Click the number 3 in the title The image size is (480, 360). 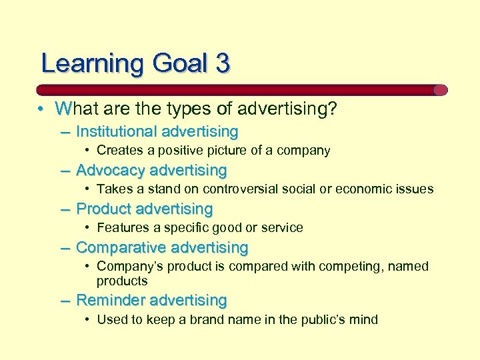click(223, 63)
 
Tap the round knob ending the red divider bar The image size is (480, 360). click(440, 90)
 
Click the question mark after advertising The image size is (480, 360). click(332, 109)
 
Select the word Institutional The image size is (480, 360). click(116, 131)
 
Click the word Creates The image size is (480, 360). click(119, 151)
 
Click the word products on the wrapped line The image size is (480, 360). click(122, 281)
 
